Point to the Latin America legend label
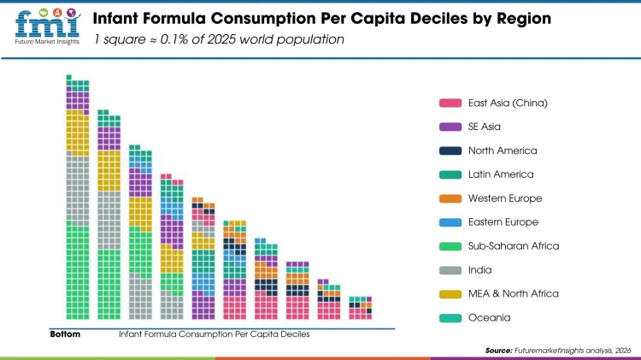(x=500, y=174)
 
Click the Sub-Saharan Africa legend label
(x=513, y=246)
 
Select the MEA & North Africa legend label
(x=513, y=293)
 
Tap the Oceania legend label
(x=489, y=317)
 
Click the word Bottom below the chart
(x=65, y=334)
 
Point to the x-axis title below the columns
(x=214, y=334)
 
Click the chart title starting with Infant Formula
(x=321, y=18)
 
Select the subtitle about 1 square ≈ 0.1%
(x=219, y=39)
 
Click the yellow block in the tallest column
(x=78, y=133)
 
